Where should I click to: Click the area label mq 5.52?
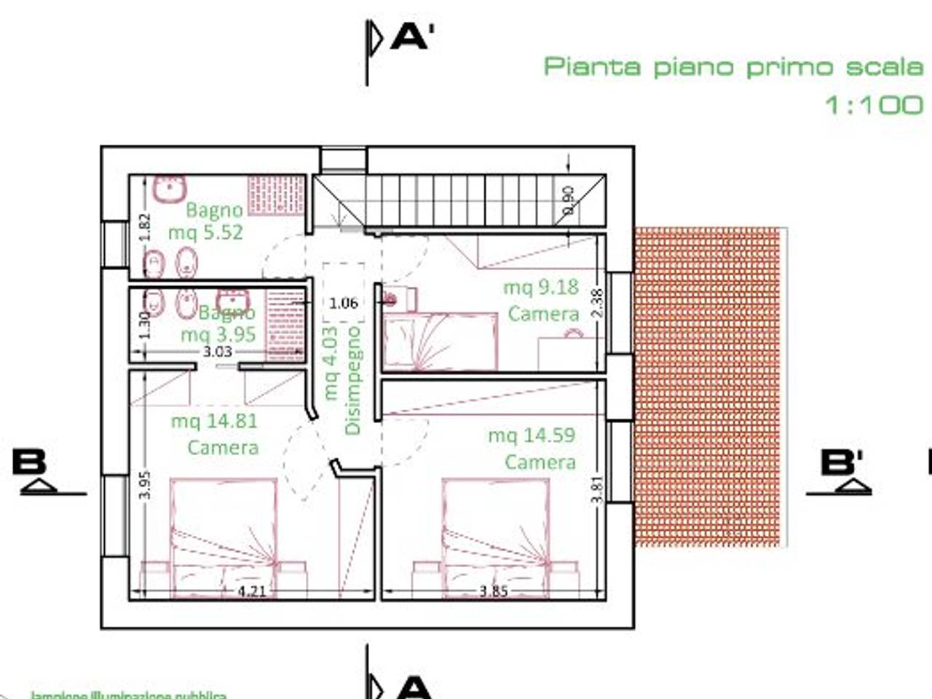pyautogui.click(x=205, y=233)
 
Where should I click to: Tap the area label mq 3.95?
pyautogui.click(x=218, y=334)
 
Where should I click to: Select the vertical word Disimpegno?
pyautogui.click(x=353, y=380)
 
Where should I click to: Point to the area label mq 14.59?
pyautogui.click(x=531, y=435)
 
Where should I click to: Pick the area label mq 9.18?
pyautogui.click(x=540, y=287)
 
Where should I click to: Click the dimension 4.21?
pyautogui.click(x=251, y=591)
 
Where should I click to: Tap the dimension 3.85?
pyautogui.click(x=493, y=591)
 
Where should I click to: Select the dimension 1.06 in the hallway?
pyautogui.click(x=343, y=303)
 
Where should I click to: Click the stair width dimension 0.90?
pyautogui.click(x=569, y=201)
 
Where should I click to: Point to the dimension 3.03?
pyautogui.click(x=217, y=352)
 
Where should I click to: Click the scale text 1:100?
pyautogui.click(x=873, y=105)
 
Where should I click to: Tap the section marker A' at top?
pyautogui.click(x=412, y=36)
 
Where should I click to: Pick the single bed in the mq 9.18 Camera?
pyautogui.click(x=440, y=341)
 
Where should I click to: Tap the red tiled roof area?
pyautogui.click(x=706, y=386)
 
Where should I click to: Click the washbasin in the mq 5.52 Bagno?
pyautogui.click(x=170, y=191)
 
